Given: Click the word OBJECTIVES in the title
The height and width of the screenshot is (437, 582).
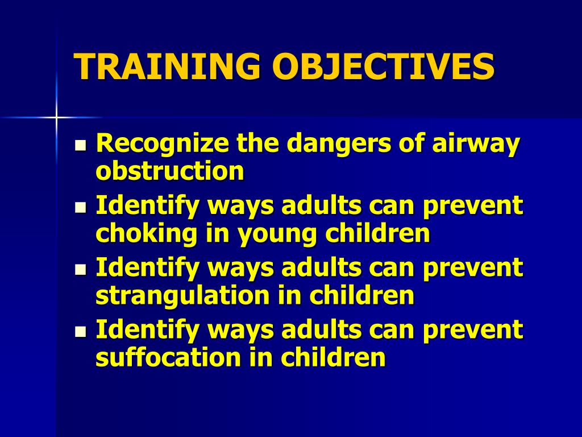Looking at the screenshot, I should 383,67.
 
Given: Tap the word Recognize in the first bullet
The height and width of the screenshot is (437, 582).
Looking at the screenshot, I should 163,144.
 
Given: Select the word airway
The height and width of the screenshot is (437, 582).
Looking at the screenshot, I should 476,144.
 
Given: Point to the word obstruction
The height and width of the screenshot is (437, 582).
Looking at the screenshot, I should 170,171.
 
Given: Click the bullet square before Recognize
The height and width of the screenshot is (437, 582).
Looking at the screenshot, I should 81,146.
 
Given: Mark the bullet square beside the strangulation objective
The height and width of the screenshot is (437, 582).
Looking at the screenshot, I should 81,270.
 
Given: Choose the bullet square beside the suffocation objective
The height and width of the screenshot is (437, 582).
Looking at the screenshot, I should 81,331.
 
